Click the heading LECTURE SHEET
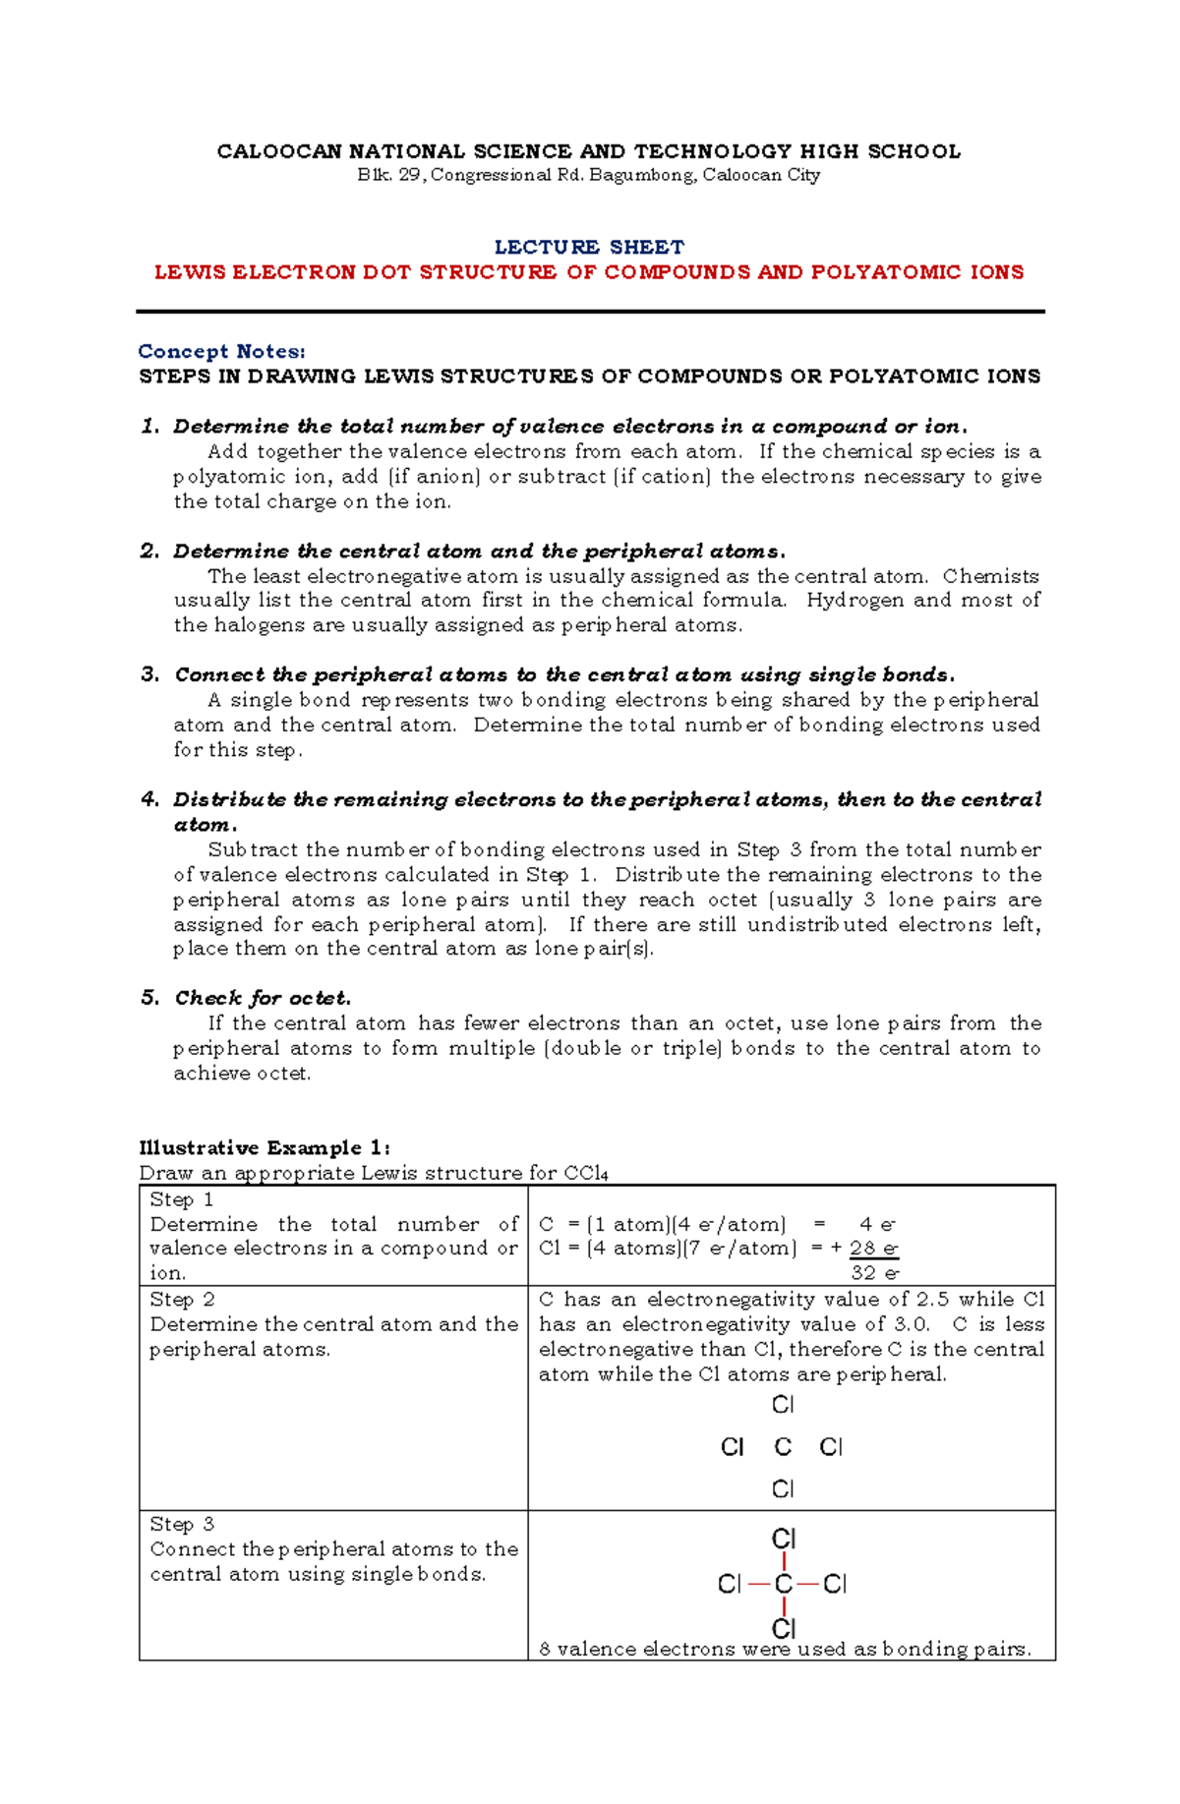pos(589,247)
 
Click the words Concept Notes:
pos(221,351)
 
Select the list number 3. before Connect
pos(150,674)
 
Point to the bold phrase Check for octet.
pos(263,998)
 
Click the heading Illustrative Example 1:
pos(265,1147)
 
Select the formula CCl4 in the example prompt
pos(586,1173)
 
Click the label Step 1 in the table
pos(181,1199)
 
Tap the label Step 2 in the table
pos(182,1300)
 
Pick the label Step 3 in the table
pos(182,1524)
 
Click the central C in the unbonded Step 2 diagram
pos(783,1447)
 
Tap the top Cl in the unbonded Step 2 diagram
pos(783,1405)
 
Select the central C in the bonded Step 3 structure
pos(783,1584)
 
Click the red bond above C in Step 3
pos(784,1561)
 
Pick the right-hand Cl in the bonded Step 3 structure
pos(835,1584)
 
